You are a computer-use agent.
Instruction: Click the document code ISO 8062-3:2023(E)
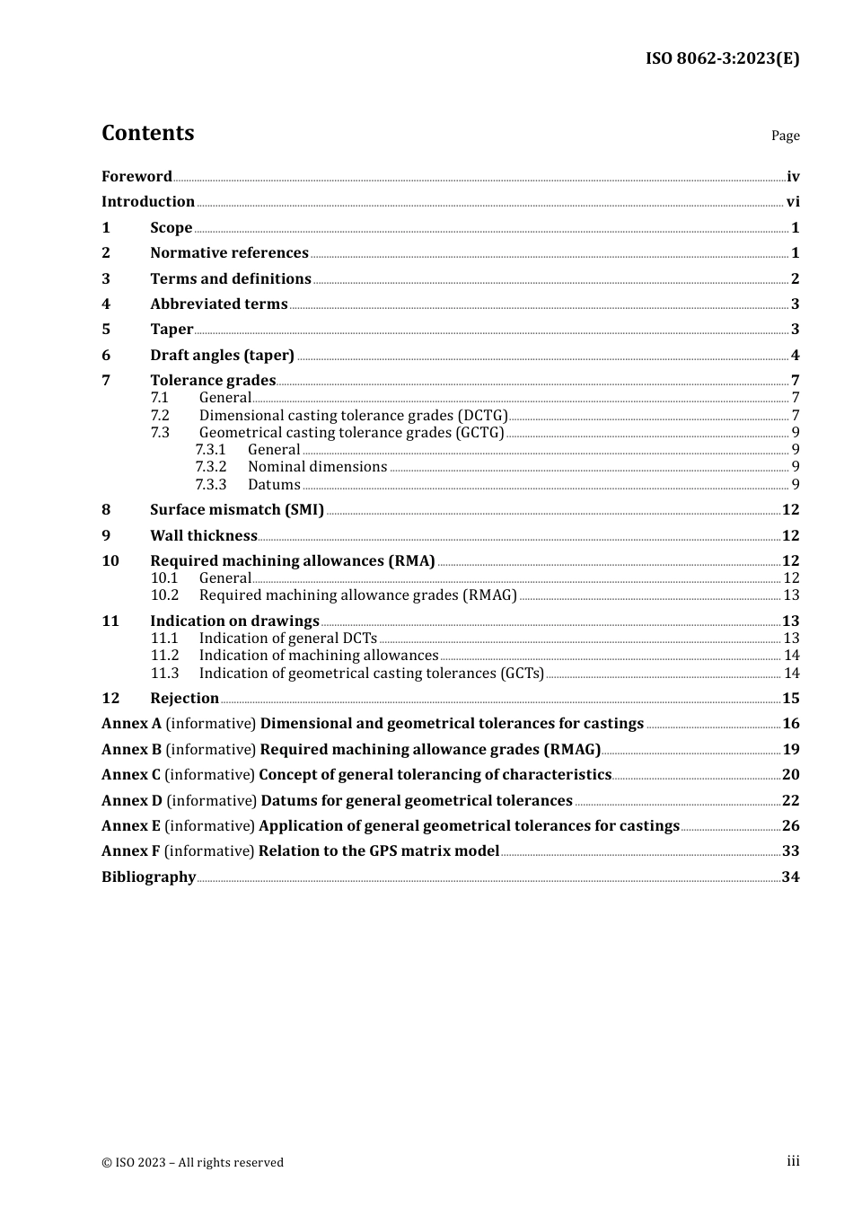point(722,59)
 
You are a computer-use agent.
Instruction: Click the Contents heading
point(147,133)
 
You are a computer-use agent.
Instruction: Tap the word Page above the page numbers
point(785,136)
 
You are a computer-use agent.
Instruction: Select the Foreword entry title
point(136,177)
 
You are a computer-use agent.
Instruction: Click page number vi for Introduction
point(793,202)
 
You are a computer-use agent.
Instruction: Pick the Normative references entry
point(229,253)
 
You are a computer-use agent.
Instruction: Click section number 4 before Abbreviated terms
point(106,304)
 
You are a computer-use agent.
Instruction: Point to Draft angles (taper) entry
point(222,356)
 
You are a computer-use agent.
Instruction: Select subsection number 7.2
point(160,416)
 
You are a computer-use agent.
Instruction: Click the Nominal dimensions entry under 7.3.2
point(317,467)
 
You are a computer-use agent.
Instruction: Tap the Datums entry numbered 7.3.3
point(274,485)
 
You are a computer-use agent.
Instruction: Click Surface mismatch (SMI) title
point(237,510)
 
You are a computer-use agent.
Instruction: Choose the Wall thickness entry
point(204,536)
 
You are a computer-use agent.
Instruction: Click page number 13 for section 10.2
point(791,595)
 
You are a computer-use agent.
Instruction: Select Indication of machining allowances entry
point(319,656)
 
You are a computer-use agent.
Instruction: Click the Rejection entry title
point(184,699)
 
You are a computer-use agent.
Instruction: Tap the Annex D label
point(132,801)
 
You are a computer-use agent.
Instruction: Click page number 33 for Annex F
point(790,851)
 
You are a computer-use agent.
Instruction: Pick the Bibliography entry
point(148,877)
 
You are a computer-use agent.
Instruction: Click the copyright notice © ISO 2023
point(192,1163)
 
